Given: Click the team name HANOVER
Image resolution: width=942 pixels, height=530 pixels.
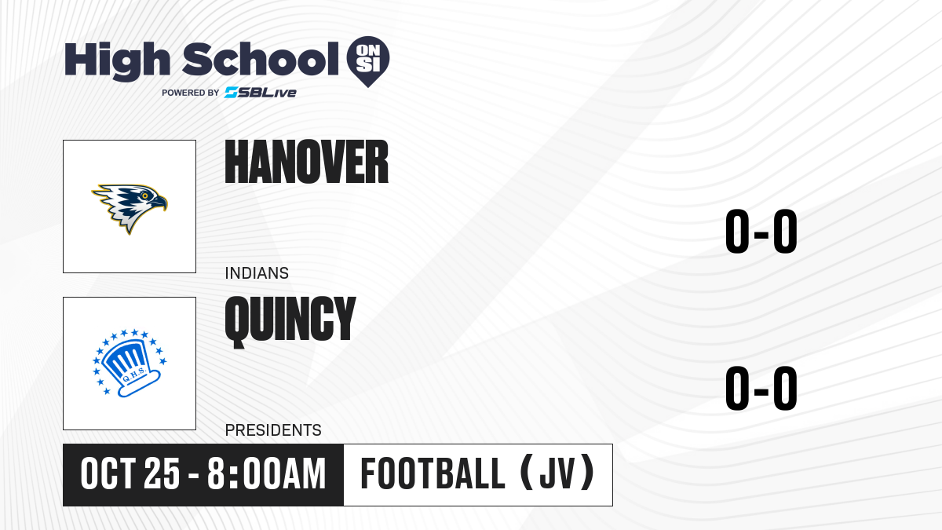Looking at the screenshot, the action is [x=307, y=162].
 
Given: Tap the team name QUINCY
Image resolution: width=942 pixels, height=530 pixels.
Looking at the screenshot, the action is [x=290, y=321].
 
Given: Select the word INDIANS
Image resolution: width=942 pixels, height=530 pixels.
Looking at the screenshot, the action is [x=257, y=273].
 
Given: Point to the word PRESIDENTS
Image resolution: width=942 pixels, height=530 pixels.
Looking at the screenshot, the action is [x=273, y=430].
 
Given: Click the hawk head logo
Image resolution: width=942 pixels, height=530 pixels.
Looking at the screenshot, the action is [x=130, y=208].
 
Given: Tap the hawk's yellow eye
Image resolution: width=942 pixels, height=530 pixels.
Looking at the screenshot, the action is [x=145, y=196].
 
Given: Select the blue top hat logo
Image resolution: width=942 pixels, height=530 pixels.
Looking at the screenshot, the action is [x=130, y=364].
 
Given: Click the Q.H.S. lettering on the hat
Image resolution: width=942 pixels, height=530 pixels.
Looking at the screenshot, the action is [x=133, y=375].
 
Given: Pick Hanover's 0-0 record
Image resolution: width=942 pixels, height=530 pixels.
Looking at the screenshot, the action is [x=761, y=231].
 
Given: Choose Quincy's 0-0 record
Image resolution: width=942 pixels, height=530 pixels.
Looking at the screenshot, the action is [x=761, y=388].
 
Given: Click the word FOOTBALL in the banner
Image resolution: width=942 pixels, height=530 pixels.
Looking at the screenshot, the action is [x=433, y=474].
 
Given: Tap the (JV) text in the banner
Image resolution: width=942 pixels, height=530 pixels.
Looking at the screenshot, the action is [x=557, y=473].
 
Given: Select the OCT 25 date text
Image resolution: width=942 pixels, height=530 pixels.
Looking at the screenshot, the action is [x=130, y=474].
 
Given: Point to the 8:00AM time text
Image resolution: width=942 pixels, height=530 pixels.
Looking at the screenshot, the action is [x=267, y=474].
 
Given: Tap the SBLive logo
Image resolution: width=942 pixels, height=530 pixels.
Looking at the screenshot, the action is [x=261, y=93].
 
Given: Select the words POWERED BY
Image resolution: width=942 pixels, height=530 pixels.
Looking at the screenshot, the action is [x=191, y=93].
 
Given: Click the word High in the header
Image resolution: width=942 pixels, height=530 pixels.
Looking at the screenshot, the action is [x=118, y=61].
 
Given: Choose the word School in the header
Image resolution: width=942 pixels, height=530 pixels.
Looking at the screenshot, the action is [x=261, y=59].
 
